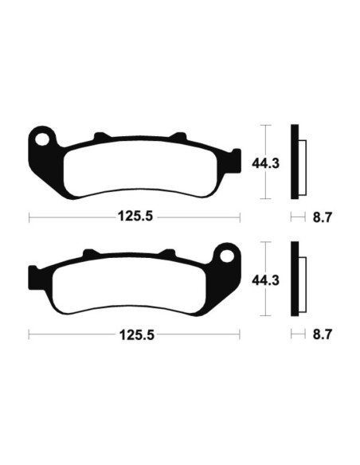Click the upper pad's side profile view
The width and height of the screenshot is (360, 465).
[x=297, y=162]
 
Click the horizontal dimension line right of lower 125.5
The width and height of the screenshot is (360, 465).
[x=199, y=335]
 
